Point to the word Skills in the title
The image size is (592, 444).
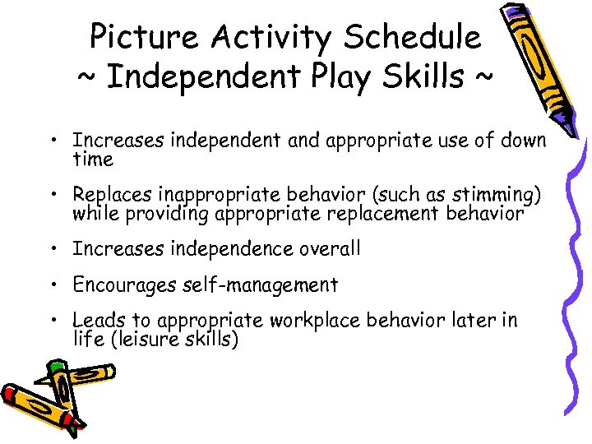(x=419, y=78)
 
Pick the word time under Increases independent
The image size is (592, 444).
(x=92, y=158)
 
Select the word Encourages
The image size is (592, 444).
(x=123, y=284)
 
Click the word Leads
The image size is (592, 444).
(x=96, y=320)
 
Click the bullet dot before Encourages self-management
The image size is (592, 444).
(x=52, y=286)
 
